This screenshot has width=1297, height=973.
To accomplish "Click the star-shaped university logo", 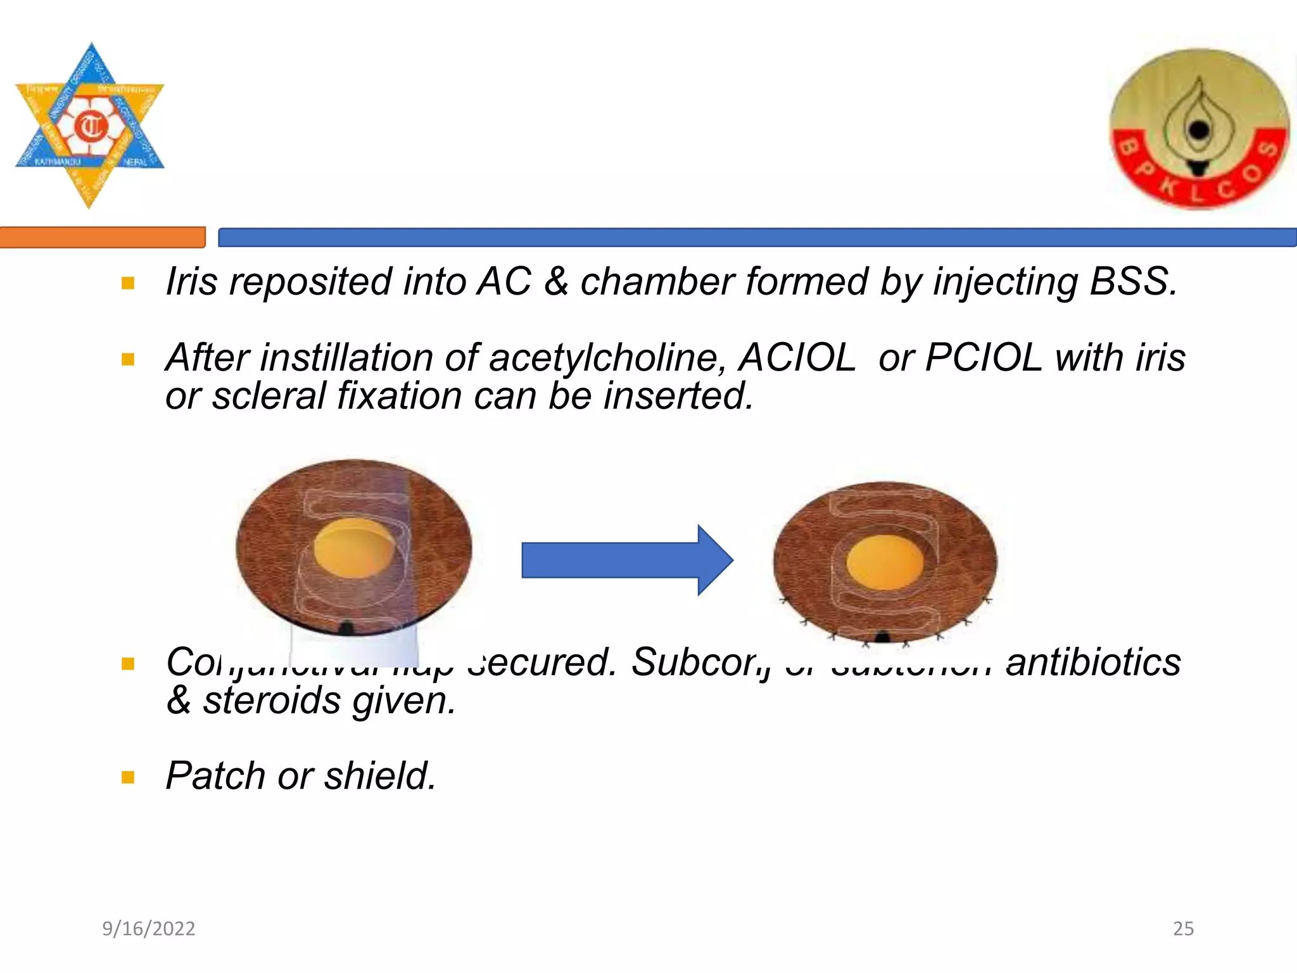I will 89,125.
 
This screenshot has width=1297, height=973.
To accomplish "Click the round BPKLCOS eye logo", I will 1199,129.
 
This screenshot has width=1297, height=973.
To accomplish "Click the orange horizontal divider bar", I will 102,238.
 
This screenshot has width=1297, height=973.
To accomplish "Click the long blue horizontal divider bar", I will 757,238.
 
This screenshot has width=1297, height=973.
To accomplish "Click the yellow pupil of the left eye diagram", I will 353,547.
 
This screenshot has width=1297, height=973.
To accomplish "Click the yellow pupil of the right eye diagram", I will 885,562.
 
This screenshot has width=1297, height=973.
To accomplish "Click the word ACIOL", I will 797,358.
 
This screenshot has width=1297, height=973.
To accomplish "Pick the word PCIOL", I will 983,358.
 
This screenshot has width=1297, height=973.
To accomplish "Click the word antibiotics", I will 1093,663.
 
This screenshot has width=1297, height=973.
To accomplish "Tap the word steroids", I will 272,701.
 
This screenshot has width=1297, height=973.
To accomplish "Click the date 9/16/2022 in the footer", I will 149,929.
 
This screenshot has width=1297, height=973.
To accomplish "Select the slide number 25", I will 1183,929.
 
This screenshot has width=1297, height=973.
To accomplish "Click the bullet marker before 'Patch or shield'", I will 128,777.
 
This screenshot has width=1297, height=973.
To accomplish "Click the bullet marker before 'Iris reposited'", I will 128,283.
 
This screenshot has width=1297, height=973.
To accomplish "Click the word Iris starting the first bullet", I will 191,281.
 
